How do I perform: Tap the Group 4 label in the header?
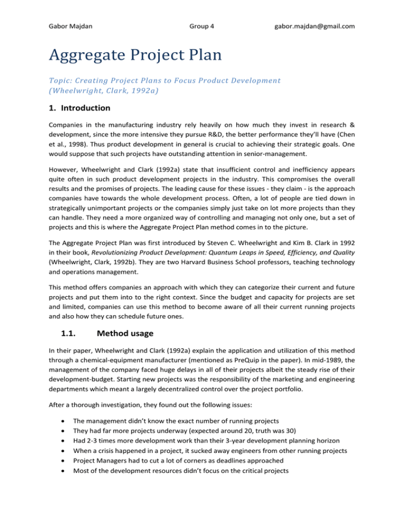[203, 26]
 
